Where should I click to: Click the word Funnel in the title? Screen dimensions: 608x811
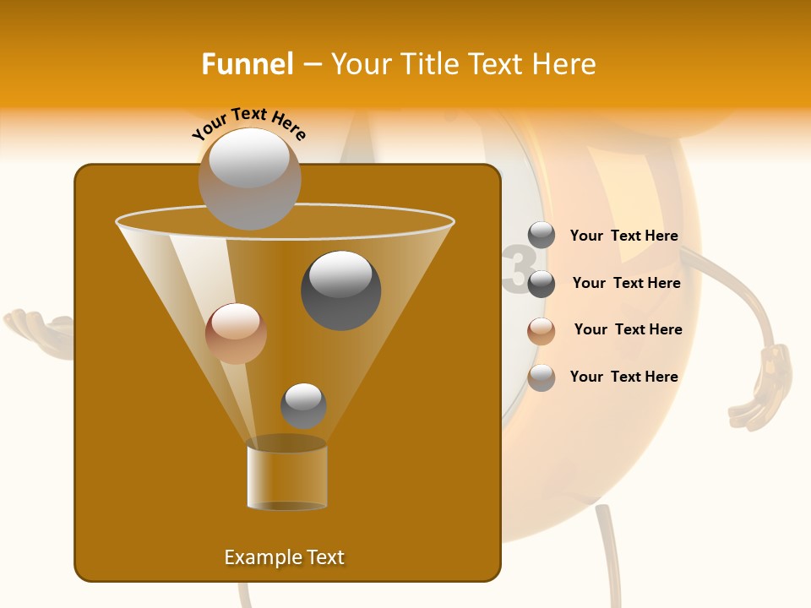pyautogui.click(x=247, y=64)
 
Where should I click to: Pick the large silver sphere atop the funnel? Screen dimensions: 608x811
pyautogui.click(x=249, y=178)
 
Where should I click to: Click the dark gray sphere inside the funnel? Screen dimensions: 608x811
pyautogui.click(x=341, y=290)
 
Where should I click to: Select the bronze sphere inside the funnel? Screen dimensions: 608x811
pyautogui.click(x=236, y=333)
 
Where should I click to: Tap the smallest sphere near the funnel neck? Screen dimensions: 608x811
pyautogui.click(x=303, y=405)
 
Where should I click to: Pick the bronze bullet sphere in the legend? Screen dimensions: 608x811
pyautogui.click(x=542, y=331)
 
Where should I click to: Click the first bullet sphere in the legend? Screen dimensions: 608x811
pyautogui.click(x=542, y=236)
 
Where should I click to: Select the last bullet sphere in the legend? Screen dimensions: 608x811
pyautogui.click(x=542, y=377)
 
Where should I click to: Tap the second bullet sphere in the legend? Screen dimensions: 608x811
pyautogui.click(x=542, y=284)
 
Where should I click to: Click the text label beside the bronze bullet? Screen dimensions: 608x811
pyautogui.click(x=628, y=329)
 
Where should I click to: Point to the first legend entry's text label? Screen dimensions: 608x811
pyautogui.click(x=623, y=236)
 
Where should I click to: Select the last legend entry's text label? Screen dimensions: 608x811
pyautogui.click(x=623, y=377)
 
